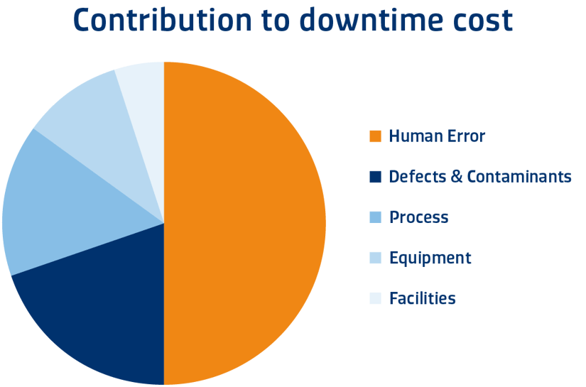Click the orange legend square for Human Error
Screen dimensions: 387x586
[376, 136]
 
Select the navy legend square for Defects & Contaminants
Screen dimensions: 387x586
[376, 177]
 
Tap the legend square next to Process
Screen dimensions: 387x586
[376, 217]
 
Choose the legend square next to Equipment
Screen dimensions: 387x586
[376, 258]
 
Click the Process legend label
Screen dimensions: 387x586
[419, 217]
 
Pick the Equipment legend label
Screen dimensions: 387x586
[430, 258]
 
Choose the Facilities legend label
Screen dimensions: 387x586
[423, 298]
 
